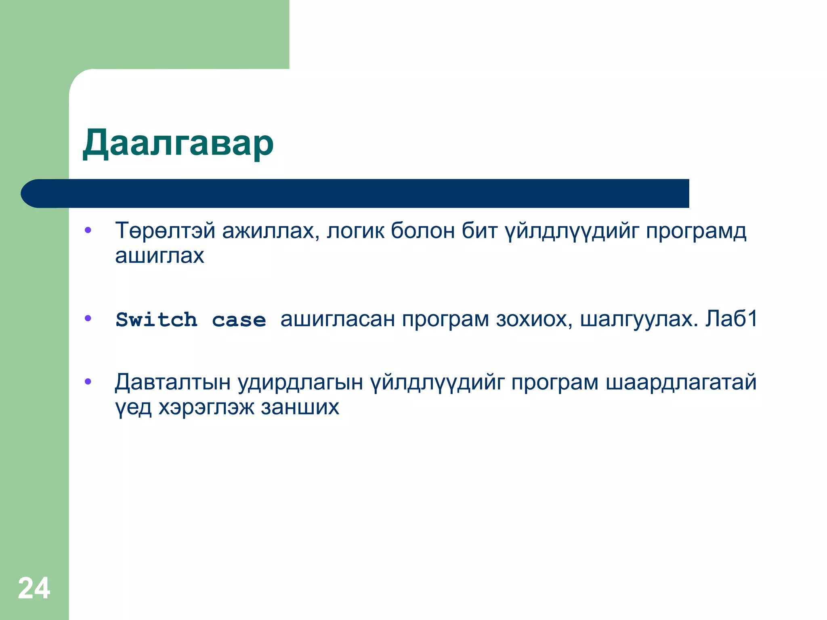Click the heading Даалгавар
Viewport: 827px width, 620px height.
coord(178,144)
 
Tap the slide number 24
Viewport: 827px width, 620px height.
coord(34,588)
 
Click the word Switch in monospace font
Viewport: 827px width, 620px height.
coord(157,320)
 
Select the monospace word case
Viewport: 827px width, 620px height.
coord(239,320)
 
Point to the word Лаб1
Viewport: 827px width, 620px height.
coord(731,319)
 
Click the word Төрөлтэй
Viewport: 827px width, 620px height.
coord(165,231)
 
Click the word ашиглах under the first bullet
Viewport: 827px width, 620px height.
coord(160,256)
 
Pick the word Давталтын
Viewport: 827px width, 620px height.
coord(173,382)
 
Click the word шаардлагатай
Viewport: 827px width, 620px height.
coord(681,382)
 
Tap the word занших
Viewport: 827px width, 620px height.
coord(300,407)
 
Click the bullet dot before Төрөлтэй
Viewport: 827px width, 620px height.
coord(88,231)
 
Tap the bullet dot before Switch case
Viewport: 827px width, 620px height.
coord(88,319)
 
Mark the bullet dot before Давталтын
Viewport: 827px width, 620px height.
coord(88,382)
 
